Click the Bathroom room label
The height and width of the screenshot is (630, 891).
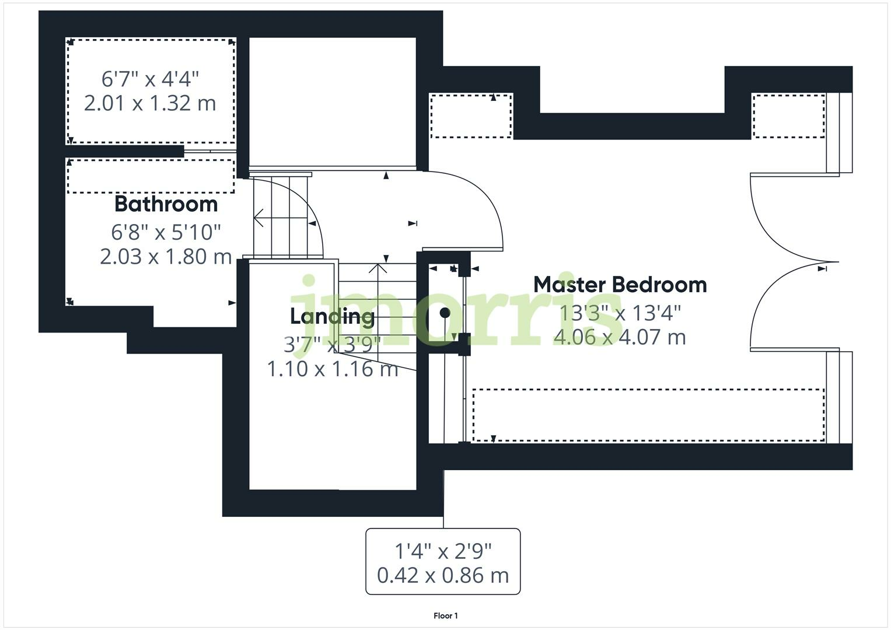(x=166, y=204)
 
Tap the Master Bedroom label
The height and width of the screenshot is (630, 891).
(x=620, y=285)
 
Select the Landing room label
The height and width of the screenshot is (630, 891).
(x=332, y=316)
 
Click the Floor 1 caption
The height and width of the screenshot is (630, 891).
(x=445, y=616)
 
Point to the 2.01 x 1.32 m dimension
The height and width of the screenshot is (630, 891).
(x=150, y=103)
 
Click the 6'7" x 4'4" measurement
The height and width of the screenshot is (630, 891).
(x=150, y=78)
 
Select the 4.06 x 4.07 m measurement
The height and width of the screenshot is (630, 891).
(x=620, y=337)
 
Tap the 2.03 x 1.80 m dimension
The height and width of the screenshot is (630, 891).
(x=166, y=257)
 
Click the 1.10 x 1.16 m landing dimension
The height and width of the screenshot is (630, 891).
(x=332, y=369)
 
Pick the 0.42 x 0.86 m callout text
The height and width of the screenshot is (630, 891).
(x=443, y=575)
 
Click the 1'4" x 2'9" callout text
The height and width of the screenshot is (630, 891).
(x=443, y=550)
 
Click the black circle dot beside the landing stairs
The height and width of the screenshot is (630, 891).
(x=445, y=313)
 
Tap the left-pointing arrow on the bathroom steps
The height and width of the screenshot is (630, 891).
(x=258, y=218)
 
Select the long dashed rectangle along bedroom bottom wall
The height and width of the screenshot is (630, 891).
(x=648, y=415)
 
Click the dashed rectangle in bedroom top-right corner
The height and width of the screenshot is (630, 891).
(x=788, y=116)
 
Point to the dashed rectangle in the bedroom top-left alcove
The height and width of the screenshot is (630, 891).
(x=471, y=116)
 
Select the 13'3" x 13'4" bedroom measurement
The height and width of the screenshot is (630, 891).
(x=620, y=313)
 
